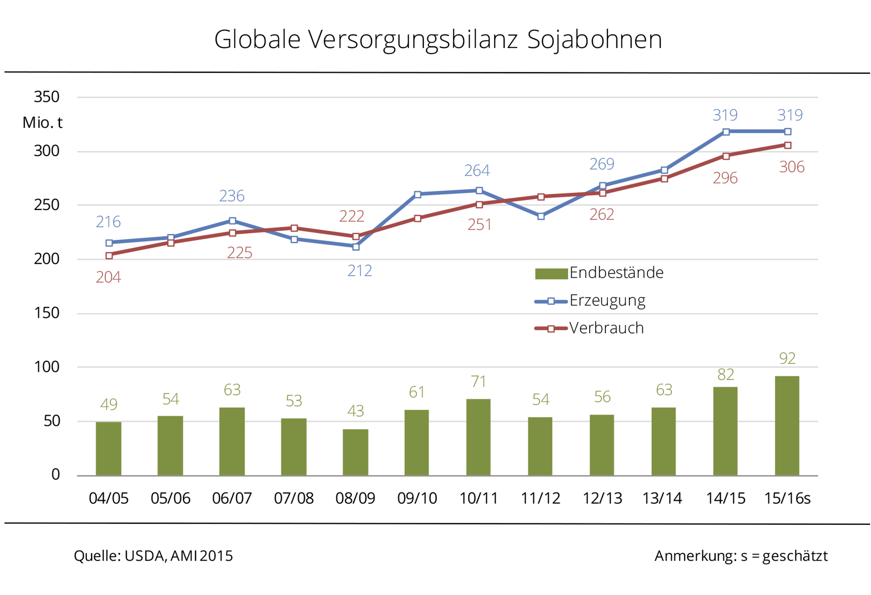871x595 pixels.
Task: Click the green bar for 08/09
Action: pos(356,452)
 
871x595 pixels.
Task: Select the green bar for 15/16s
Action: pos(787,425)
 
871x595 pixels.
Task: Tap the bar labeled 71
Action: pos(478,437)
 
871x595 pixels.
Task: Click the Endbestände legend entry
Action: pos(599,273)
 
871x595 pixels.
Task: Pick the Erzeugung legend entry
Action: pos(590,301)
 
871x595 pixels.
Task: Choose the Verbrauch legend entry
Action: pos(589,329)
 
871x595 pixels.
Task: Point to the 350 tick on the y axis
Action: pos(47,97)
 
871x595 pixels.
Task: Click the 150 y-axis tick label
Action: pos(47,313)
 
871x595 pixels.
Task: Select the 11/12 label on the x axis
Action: pos(541,498)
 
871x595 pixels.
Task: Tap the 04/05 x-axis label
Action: pos(108,498)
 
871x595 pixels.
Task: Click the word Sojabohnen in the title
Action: pos(594,40)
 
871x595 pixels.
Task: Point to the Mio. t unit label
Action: pos(43,123)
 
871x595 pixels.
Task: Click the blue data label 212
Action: pos(360,271)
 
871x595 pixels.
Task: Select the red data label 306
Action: pos(791,167)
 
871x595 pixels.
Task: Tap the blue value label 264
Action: pos(477,171)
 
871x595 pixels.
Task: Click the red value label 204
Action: pos(108,278)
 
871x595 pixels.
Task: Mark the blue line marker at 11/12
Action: pos(541,216)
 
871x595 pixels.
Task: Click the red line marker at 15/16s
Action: pos(788,145)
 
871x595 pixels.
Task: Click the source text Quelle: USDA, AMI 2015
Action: pos(154,556)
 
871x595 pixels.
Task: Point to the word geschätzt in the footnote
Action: pos(795,556)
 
